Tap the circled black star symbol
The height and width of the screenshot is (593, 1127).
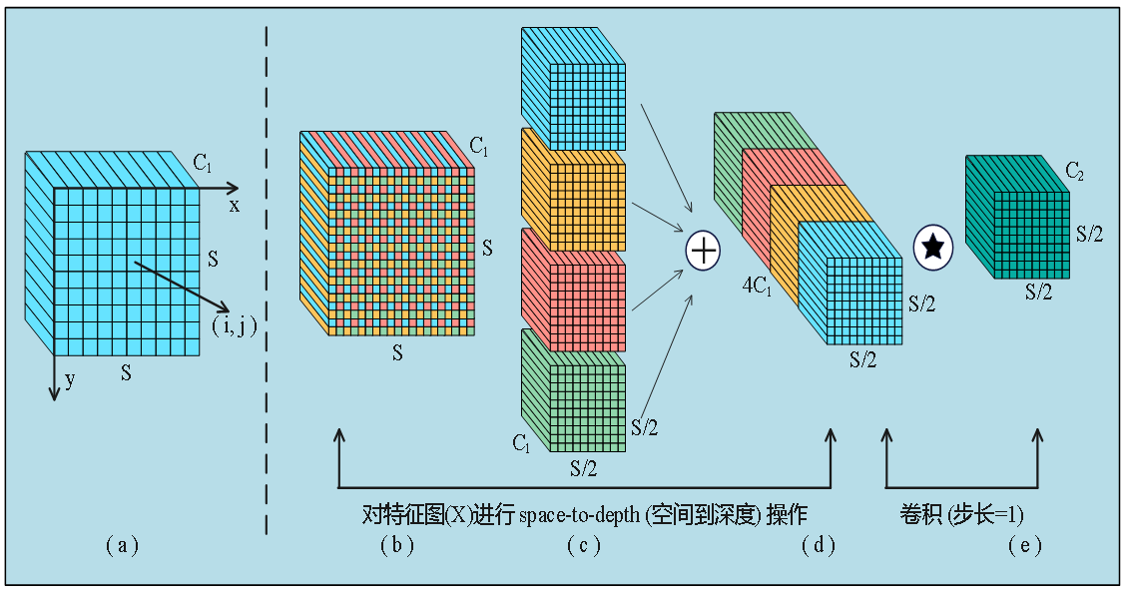[932, 247]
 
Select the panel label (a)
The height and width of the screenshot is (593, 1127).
[122, 545]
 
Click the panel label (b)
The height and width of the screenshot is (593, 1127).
[396, 545]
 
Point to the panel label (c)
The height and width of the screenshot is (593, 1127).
[583, 545]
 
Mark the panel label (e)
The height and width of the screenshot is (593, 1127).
[1025, 545]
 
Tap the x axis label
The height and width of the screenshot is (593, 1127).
[235, 205]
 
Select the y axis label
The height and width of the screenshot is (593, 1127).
[70, 380]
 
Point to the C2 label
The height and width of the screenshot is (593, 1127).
[1075, 173]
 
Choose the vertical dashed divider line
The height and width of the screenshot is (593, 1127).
[267, 280]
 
